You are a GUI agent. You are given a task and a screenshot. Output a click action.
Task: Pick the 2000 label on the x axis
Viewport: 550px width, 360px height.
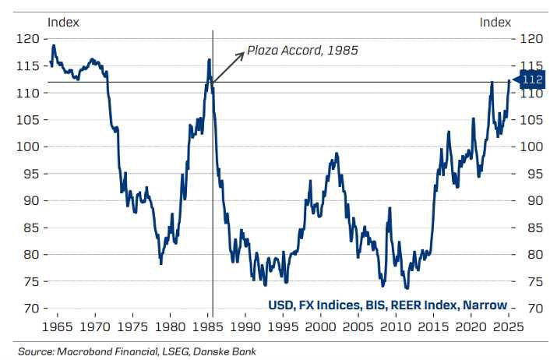coord(321,324)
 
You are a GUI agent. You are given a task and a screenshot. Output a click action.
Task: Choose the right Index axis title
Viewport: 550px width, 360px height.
coord(495,22)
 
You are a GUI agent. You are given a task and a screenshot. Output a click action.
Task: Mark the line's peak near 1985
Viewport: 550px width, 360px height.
coord(210,59)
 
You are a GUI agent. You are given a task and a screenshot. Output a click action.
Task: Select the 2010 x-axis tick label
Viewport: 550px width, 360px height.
coord(397,324)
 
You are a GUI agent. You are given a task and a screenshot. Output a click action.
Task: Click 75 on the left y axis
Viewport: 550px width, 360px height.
coord(30,281)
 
